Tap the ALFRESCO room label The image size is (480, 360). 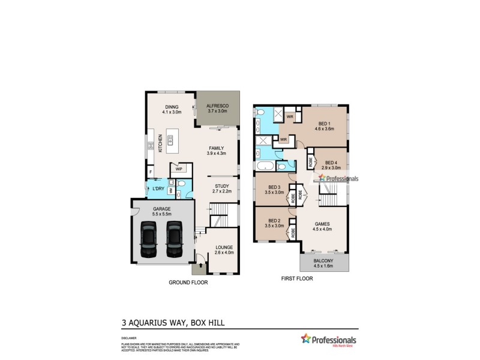[x=218, y=106]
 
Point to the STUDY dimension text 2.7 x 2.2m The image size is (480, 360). [x=223, y=192]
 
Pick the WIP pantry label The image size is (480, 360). [x=179, y=169]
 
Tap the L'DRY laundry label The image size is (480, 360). [x=158, y=189]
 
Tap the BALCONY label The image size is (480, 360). [x=323, y=261]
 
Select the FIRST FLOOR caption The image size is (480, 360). [x=298, y=279]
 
